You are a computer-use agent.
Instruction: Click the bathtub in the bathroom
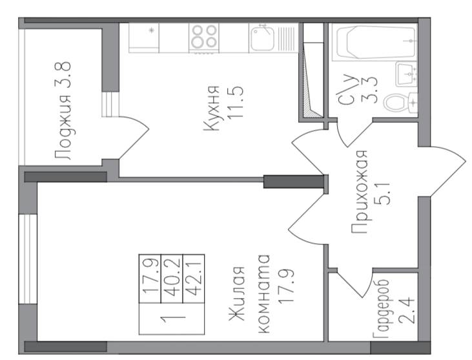tap(375, 42)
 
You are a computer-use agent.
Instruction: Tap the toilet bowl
tap(400, 102)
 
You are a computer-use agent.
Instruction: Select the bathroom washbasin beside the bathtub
tap(406, 74)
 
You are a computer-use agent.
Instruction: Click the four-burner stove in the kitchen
tap(204, 37)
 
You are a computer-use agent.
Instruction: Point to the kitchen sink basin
tap(262, 39)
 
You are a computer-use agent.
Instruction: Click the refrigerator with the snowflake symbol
tap(144, 38)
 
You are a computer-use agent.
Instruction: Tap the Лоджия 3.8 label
tap(63, 111)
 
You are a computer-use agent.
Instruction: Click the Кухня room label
tap(211, 109)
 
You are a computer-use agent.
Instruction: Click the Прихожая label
tap(360, 191)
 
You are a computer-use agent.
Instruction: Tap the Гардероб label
tap(381, 310)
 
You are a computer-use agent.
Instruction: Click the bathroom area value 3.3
tap(371, 90)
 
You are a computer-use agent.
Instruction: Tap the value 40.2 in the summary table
tap(172, 279)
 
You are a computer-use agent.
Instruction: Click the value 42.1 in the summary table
tap(194, 279)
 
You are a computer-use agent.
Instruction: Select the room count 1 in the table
tap(172, 319)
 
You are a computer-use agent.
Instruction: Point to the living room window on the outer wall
tap(28, 259)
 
